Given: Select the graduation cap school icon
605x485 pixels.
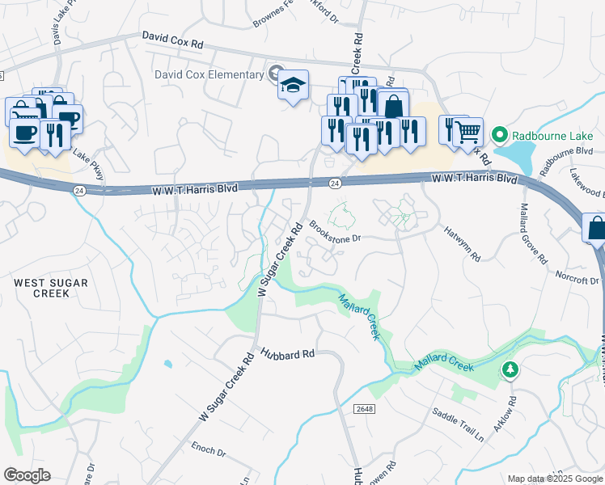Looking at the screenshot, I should click(x=293, y=85).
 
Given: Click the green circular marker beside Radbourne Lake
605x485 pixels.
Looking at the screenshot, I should click(x=500, y=134).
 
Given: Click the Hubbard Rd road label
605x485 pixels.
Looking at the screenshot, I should click(x=287, y=353).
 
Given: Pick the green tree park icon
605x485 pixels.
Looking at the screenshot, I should click(x=510, y=369).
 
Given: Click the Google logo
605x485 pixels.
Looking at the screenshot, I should click(x=27, y=475).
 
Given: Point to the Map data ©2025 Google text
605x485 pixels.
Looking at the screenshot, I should click(x=554, y=479).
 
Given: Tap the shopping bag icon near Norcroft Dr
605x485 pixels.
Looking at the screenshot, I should click(x=596, y=228).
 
